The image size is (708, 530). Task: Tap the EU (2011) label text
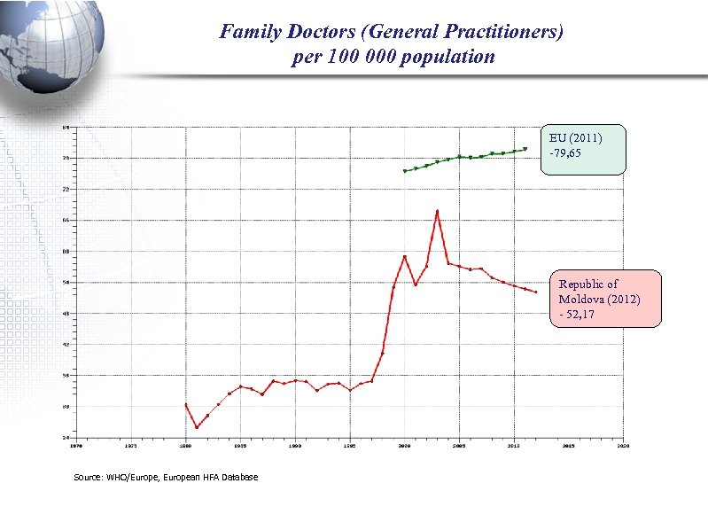tap(575, 138)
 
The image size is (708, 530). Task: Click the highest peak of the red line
tap(437, 211)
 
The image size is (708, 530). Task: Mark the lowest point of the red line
tap(197, 427)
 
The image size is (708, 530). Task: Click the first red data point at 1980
tap(186, 404)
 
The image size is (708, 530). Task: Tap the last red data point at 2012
tap(535, 292)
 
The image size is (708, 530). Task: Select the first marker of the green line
tap(405, 171)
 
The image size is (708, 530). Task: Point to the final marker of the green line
tap(525, 149)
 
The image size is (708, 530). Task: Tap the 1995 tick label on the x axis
tap(350, 446)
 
